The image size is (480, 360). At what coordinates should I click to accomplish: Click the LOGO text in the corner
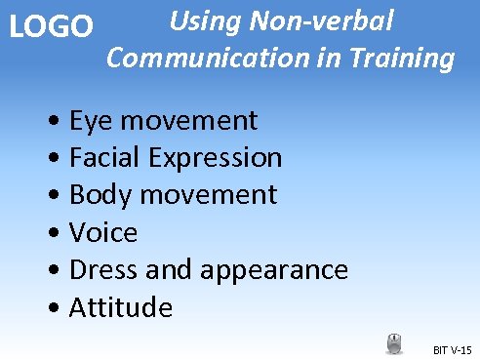50,26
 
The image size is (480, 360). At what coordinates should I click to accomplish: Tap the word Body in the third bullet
100,195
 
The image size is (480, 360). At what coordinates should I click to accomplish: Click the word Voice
104,233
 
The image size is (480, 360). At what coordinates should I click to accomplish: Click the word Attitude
122,308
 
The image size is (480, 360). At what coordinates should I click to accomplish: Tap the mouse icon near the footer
394,343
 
